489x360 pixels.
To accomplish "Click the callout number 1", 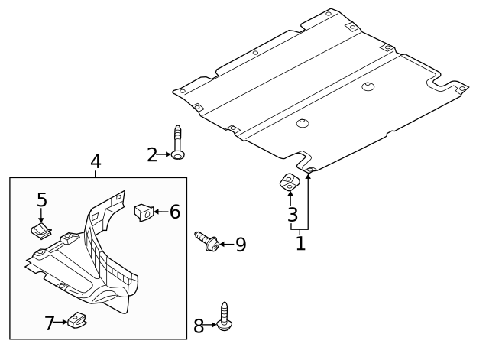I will (300, 244).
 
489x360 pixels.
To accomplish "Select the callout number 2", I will (153, 155).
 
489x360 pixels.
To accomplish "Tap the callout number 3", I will (292, 215).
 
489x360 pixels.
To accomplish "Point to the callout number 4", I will (96, 161).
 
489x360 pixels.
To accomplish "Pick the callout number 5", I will (42, 200).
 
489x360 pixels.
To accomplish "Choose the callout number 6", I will (174, 212).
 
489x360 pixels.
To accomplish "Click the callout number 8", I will (199, 326).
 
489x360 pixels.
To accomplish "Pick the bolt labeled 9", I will (208, 242).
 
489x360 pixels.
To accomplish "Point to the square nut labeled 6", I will (144, 212).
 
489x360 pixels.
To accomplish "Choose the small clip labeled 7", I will (76, 321).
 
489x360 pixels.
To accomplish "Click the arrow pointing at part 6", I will (160, 212).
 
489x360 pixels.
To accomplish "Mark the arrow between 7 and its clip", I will (62, 323).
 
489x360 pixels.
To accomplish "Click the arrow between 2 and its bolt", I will (165, 155).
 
